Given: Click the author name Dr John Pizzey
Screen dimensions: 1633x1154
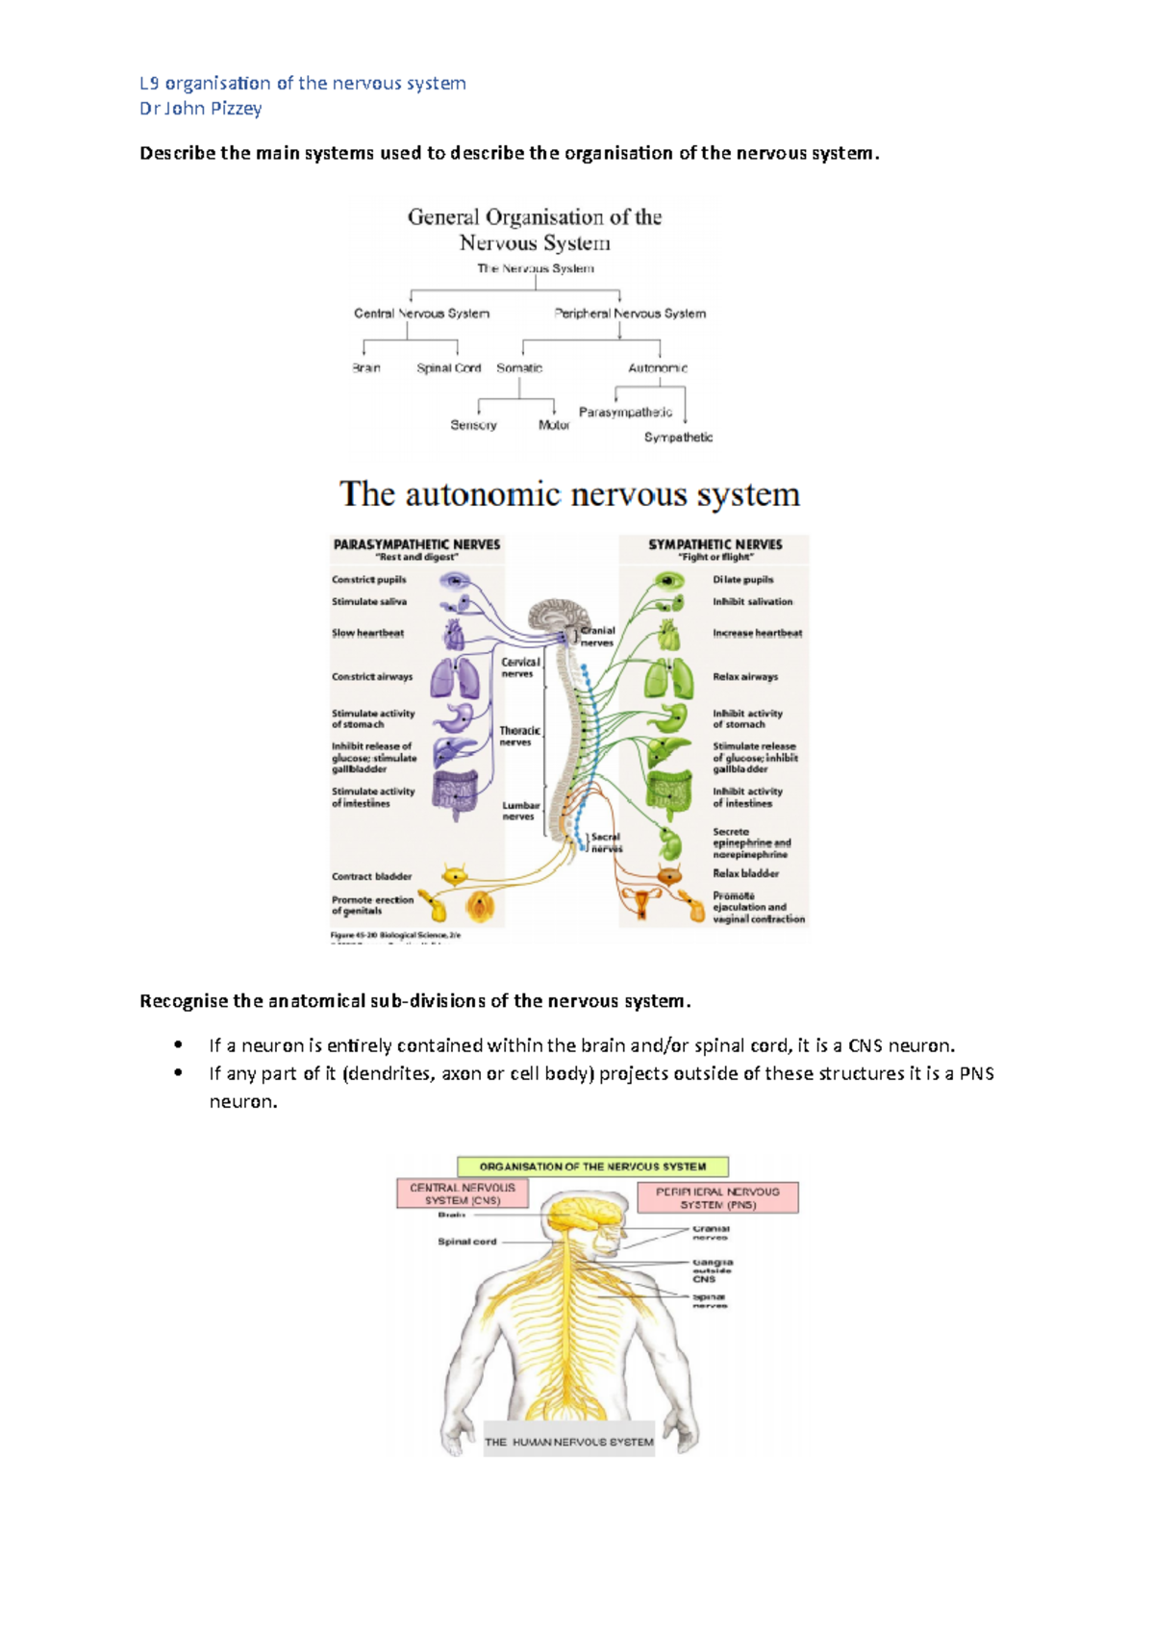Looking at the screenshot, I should tap(200, 109).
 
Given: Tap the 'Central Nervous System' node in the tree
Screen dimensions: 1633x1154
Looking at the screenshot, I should tap(421, 314).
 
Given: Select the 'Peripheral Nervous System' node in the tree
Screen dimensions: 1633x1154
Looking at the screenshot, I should tap(630, 314).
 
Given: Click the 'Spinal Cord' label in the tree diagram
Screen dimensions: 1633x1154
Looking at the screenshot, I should tap(448, 368).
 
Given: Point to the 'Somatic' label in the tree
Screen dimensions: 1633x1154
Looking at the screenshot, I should tap(519, 368).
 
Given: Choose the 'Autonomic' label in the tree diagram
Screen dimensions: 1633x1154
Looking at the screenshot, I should tap(658, 368).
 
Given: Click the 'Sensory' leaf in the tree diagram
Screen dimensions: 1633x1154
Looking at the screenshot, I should tap(473, 425).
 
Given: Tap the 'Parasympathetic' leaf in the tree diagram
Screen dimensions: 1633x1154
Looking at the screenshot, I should tap(625, 413).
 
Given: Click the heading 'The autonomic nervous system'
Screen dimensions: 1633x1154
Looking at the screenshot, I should tap(569, 494).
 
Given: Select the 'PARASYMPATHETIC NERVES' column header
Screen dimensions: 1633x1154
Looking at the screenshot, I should tap(416, 545).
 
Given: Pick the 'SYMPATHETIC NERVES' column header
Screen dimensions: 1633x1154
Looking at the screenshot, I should tap(715, 545).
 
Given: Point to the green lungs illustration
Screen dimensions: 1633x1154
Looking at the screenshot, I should tap(669, 678).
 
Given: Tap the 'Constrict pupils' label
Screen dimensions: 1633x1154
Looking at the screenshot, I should tap(368, 580).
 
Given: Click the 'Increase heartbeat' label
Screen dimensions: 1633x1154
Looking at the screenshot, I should tap(757, 634).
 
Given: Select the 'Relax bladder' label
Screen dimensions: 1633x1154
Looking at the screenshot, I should tap(745, 874).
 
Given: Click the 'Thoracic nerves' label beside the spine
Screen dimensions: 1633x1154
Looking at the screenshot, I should tap(519, 737).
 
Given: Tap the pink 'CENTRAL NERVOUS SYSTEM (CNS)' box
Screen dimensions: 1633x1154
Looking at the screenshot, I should tap(463, 1194).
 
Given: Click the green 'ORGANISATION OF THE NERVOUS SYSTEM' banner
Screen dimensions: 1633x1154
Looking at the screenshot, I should tap(592, 1167).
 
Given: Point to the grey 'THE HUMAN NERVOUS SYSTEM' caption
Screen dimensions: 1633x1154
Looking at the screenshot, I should tap(568, 1442).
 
